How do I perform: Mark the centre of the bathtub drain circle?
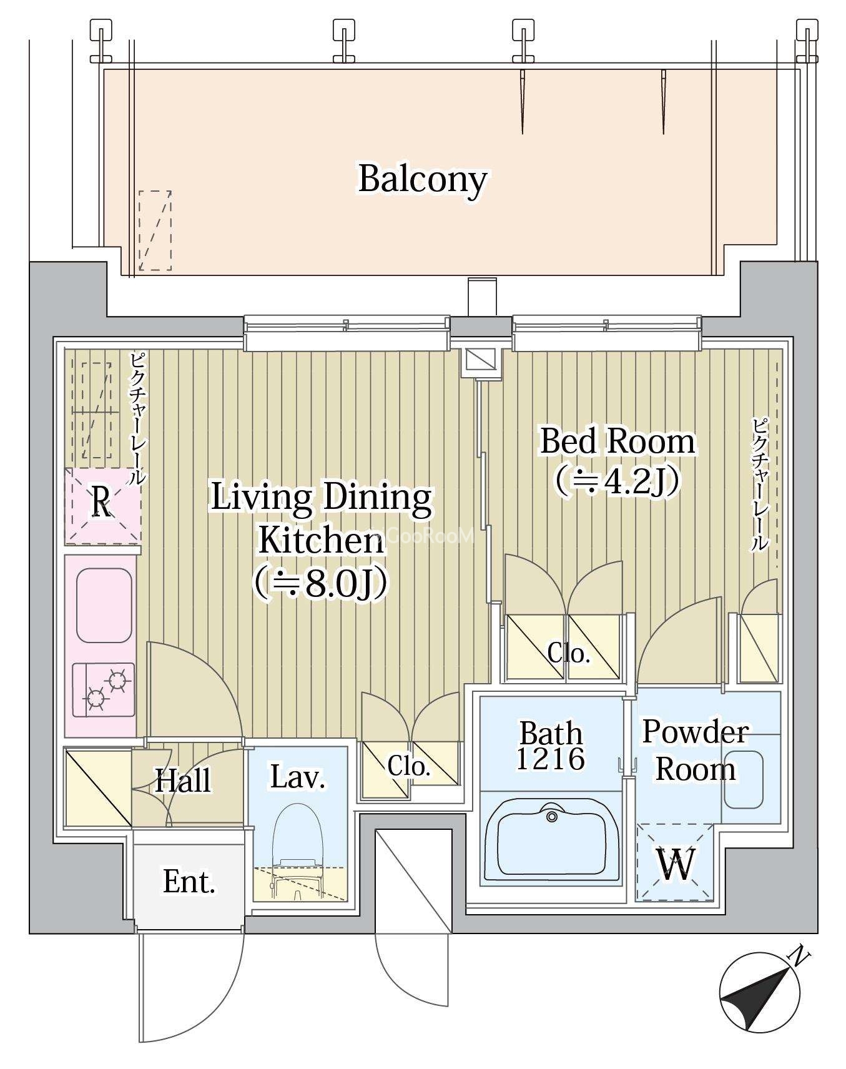click(x=551, y=817)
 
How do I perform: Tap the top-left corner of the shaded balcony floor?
click(x=104, y=69)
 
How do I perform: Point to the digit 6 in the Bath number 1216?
click(x=575, y=759)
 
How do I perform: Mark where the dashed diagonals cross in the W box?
click(x=675, y=862)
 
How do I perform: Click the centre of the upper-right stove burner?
click(x=119, y=679)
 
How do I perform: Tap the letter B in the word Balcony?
click(x=370, y=179)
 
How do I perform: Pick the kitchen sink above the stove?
click(x=104, y=604)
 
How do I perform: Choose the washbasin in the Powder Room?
click(x=743, y=779)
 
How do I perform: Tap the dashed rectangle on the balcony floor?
click(x=155, y=231)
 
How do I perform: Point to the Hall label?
click(x=183, y=781)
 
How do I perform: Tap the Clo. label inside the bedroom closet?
click(x=569, y=653)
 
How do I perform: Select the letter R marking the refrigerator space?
click(x=102, y=503)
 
